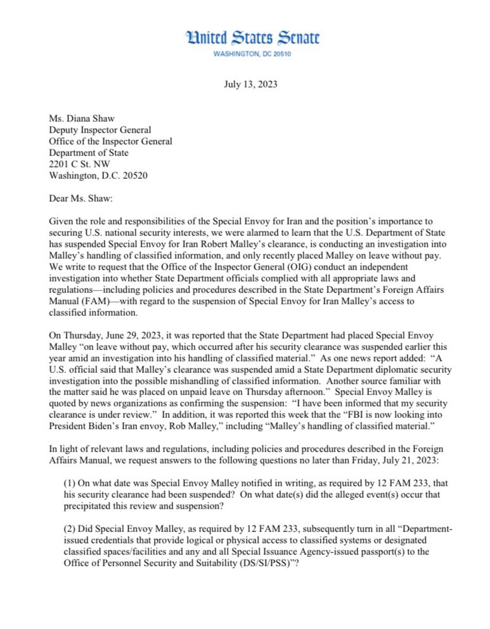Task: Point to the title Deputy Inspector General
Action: (100, 130)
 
